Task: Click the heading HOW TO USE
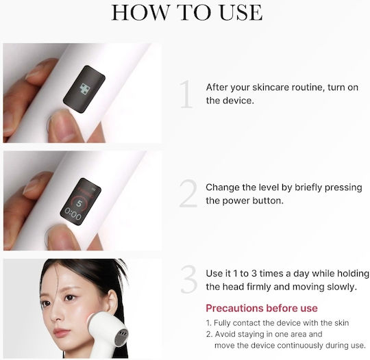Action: coord(186,12)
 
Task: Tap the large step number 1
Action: coord(186,94)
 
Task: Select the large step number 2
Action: coord(188,193)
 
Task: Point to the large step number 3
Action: coord(189,279)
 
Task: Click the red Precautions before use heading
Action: coord(262,308)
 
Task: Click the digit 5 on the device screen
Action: coord(79,203)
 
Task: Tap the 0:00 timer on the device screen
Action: coord(73,214)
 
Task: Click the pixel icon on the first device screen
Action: coord(85,90)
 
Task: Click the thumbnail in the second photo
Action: coord(59,237)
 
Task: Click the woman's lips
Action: coord(61,332)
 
